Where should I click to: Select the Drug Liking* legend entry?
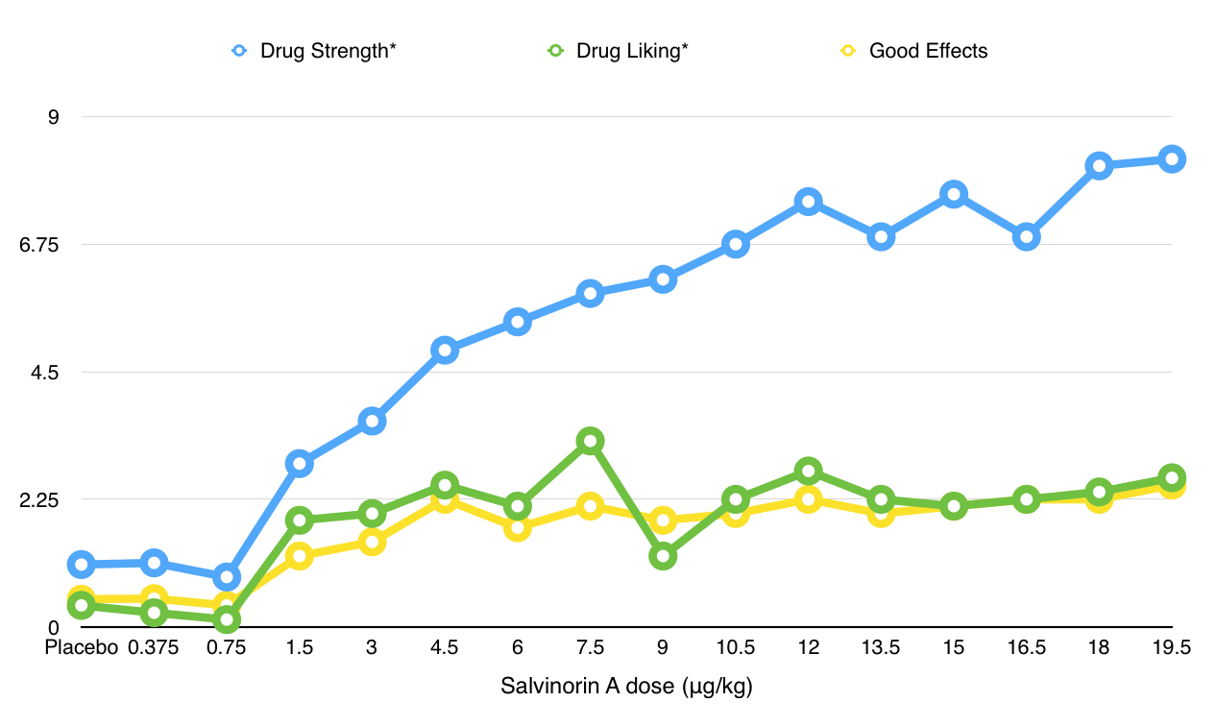(x=620, y=51)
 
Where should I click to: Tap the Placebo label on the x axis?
(x=82, y=648)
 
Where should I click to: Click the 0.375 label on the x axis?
(x=154, y=648)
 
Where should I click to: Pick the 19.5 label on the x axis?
(x=1171, y=648)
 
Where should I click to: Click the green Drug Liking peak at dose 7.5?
(x=591, y=442)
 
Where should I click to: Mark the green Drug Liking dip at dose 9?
(x=663, y=556)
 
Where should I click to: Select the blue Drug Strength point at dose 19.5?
(x=1171, y=159)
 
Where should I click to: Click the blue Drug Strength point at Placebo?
(x=82, y=565)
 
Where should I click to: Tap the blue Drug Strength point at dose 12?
(x=808, y=202)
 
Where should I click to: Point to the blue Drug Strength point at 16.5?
(x=1026, y=236)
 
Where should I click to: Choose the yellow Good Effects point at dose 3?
(x=372, y=543)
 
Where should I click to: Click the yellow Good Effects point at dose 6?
(x=518, y=527)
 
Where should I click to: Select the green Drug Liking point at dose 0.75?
(x=227, y=619)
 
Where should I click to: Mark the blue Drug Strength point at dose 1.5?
(x=299, y=464)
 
